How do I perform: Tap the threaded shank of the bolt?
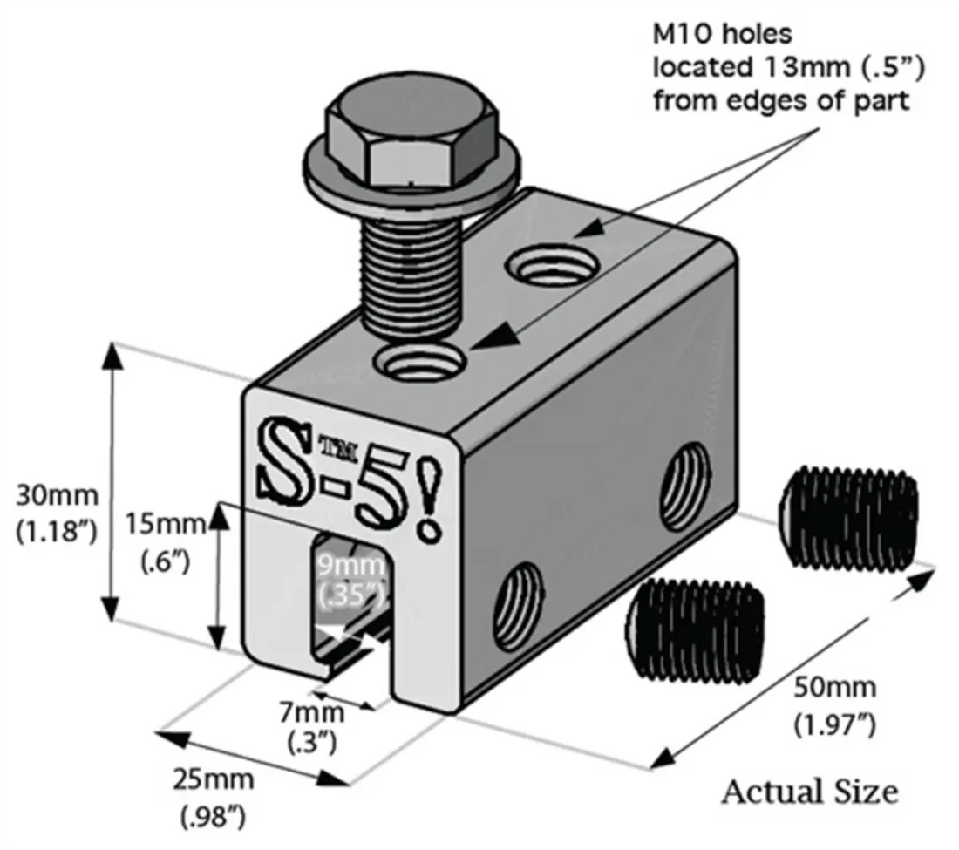click(409, 270)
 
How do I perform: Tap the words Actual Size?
click(810, 791)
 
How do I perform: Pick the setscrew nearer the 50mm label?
click(850, 514)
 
